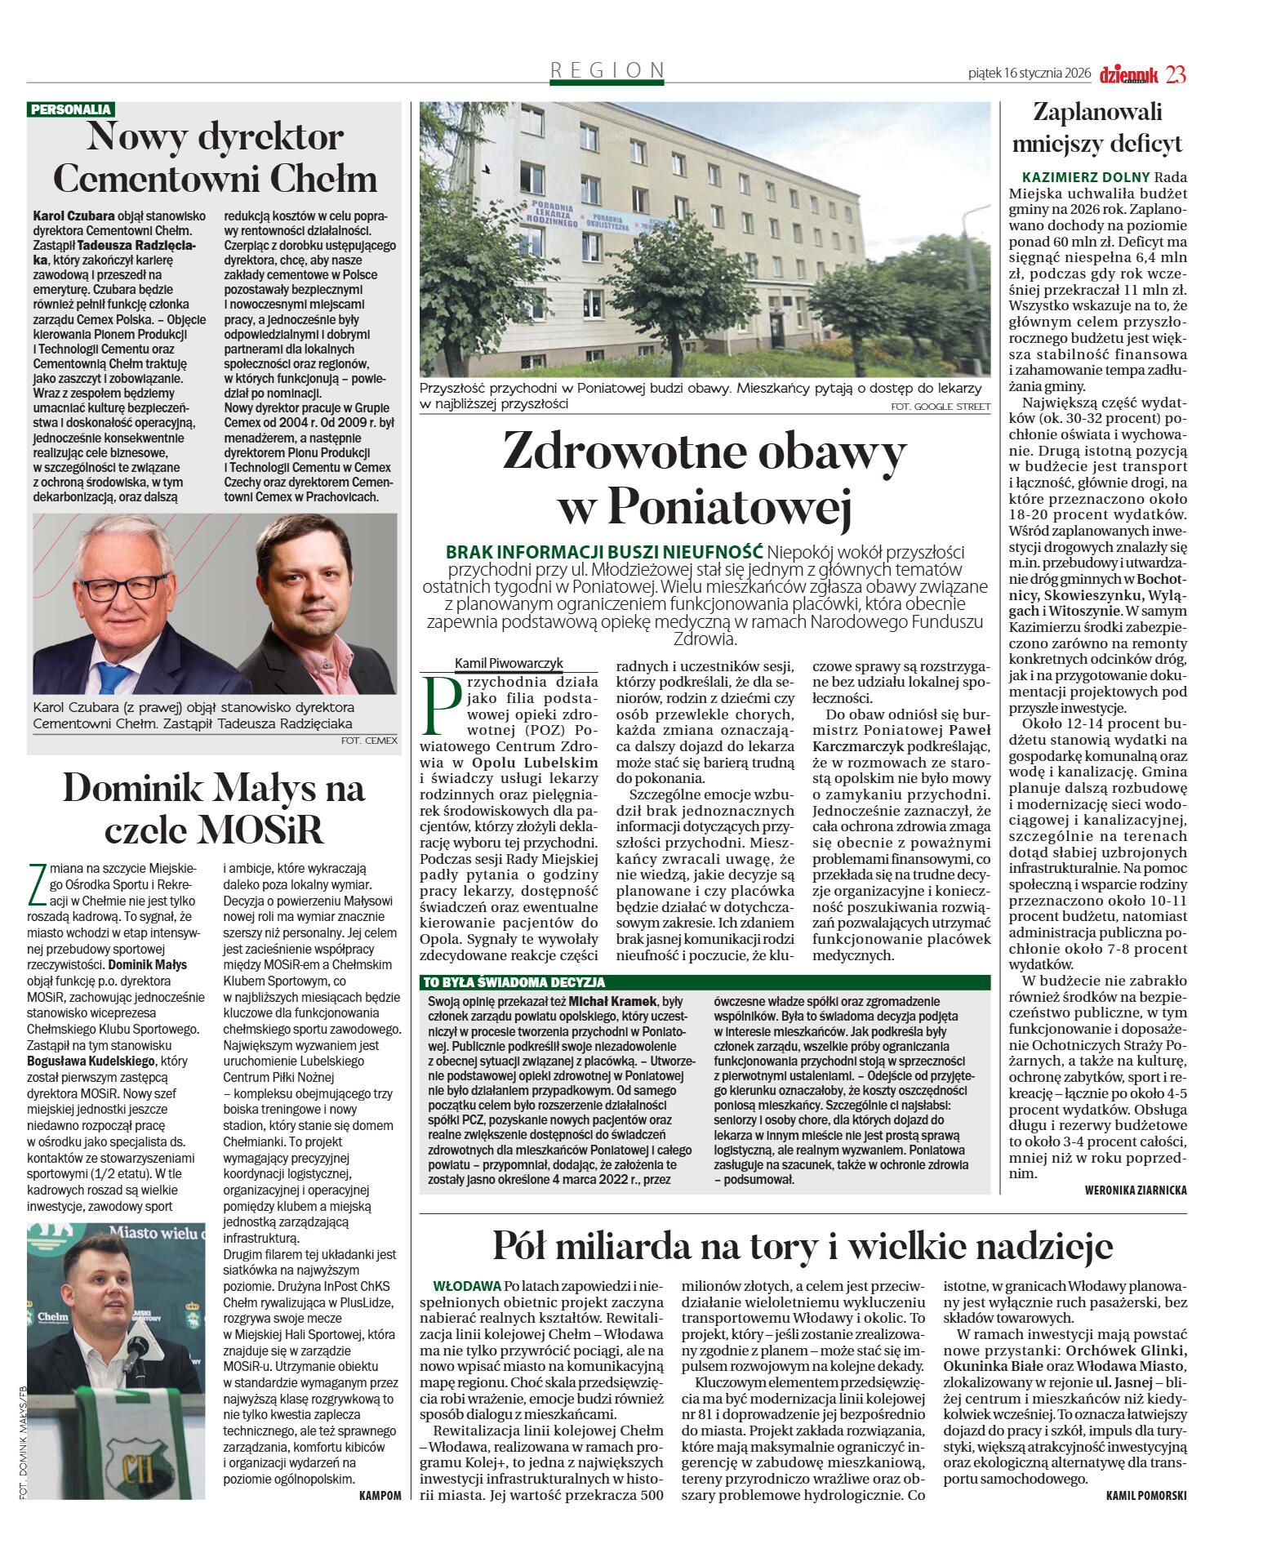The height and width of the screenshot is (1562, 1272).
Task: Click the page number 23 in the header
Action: point(1176,74)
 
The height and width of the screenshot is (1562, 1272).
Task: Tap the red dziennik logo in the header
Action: point(1128,74)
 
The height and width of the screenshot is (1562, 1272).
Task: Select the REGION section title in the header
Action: point(607,70)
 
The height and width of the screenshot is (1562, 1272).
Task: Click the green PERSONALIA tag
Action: point(70,109)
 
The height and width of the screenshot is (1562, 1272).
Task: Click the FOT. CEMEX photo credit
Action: point(369,741)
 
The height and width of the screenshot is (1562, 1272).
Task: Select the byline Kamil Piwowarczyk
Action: point(509,663)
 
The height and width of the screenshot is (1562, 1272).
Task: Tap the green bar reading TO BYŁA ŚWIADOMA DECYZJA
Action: point(514,982)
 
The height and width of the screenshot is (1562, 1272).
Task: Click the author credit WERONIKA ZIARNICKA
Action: point(1135,1190)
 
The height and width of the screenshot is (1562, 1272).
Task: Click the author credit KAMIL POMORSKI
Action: point(1146,1495)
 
